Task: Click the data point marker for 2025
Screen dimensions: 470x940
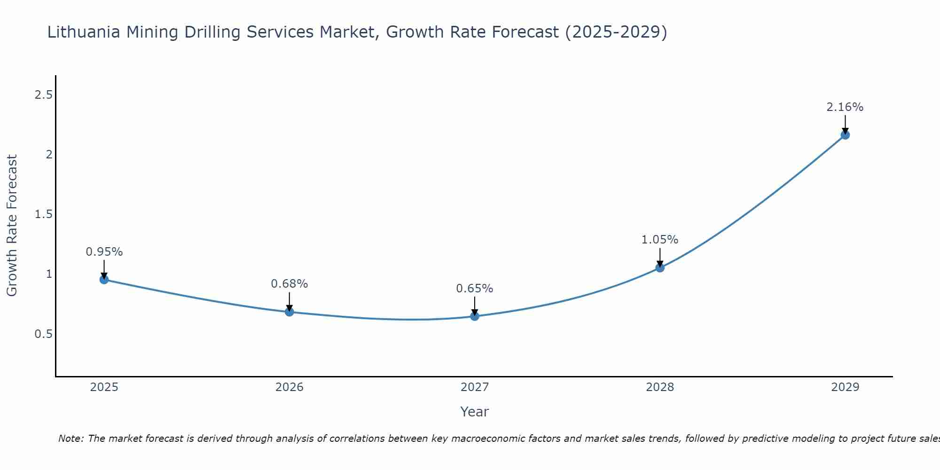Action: [x=104, y=280]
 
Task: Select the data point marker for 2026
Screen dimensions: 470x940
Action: [x=290, y=312]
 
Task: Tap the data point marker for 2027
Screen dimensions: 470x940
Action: [x=475, y=316]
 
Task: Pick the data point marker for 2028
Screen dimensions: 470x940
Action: [x=660, y=268]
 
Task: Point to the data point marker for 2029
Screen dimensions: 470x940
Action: [x=845, y=135]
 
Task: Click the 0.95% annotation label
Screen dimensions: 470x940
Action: [x=104, y=252]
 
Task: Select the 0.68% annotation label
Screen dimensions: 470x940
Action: [x=290, y=284]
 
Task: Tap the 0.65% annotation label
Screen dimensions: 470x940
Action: [x=475, y=289]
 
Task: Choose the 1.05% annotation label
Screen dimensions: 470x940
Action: [x=660, y=240]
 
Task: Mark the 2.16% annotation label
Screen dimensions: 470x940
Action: [x=845, y=107]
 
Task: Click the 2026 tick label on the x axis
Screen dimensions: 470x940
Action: [x=290, y=387]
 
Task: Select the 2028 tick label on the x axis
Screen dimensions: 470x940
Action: [x=660, y=387]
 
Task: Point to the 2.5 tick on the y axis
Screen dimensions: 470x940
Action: [x=43, y=95]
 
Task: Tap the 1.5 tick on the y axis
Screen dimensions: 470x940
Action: [x=43, y=214]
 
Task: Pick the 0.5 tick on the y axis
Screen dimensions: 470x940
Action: [x=43, y=334]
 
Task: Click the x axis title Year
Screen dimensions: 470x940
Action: [x=475, y=412]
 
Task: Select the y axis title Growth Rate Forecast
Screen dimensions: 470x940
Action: [x=12, y=226]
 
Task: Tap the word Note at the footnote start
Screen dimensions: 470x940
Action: [x=70, y=439]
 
